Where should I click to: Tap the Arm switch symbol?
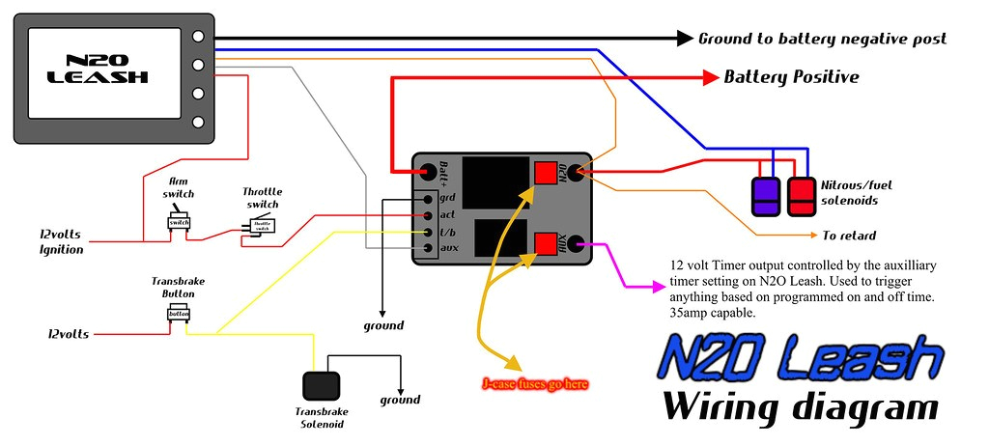(179, 222)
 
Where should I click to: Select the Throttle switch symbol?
(262, 225)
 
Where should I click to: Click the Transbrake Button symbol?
(179, 313)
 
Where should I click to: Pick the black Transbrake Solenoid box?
(322, 386)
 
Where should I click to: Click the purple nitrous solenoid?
(766, 195)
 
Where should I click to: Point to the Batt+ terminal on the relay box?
(427, 175)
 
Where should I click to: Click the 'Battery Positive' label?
(791, 77)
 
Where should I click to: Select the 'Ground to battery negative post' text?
(822, 39)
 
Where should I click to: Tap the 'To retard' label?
(849, 235)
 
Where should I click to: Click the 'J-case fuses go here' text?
(534, 383)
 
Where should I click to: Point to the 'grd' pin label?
(447, 198)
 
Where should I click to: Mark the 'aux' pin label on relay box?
(447, 249)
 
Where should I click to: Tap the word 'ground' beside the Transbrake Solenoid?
(400, 400)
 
